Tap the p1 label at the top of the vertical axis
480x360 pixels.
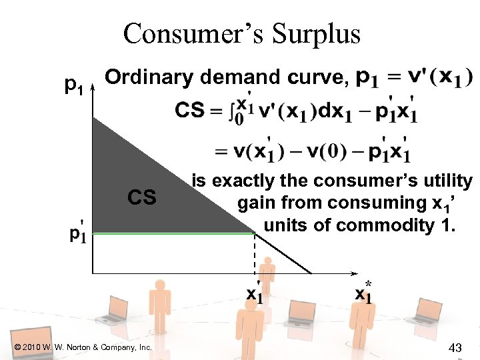73,85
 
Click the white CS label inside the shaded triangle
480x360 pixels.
142,197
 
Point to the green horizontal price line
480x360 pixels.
173,233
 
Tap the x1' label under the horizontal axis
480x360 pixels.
255,293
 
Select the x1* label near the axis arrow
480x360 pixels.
364,291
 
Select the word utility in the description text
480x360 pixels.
444,181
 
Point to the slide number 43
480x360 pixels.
456,347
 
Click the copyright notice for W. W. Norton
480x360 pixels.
83,347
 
